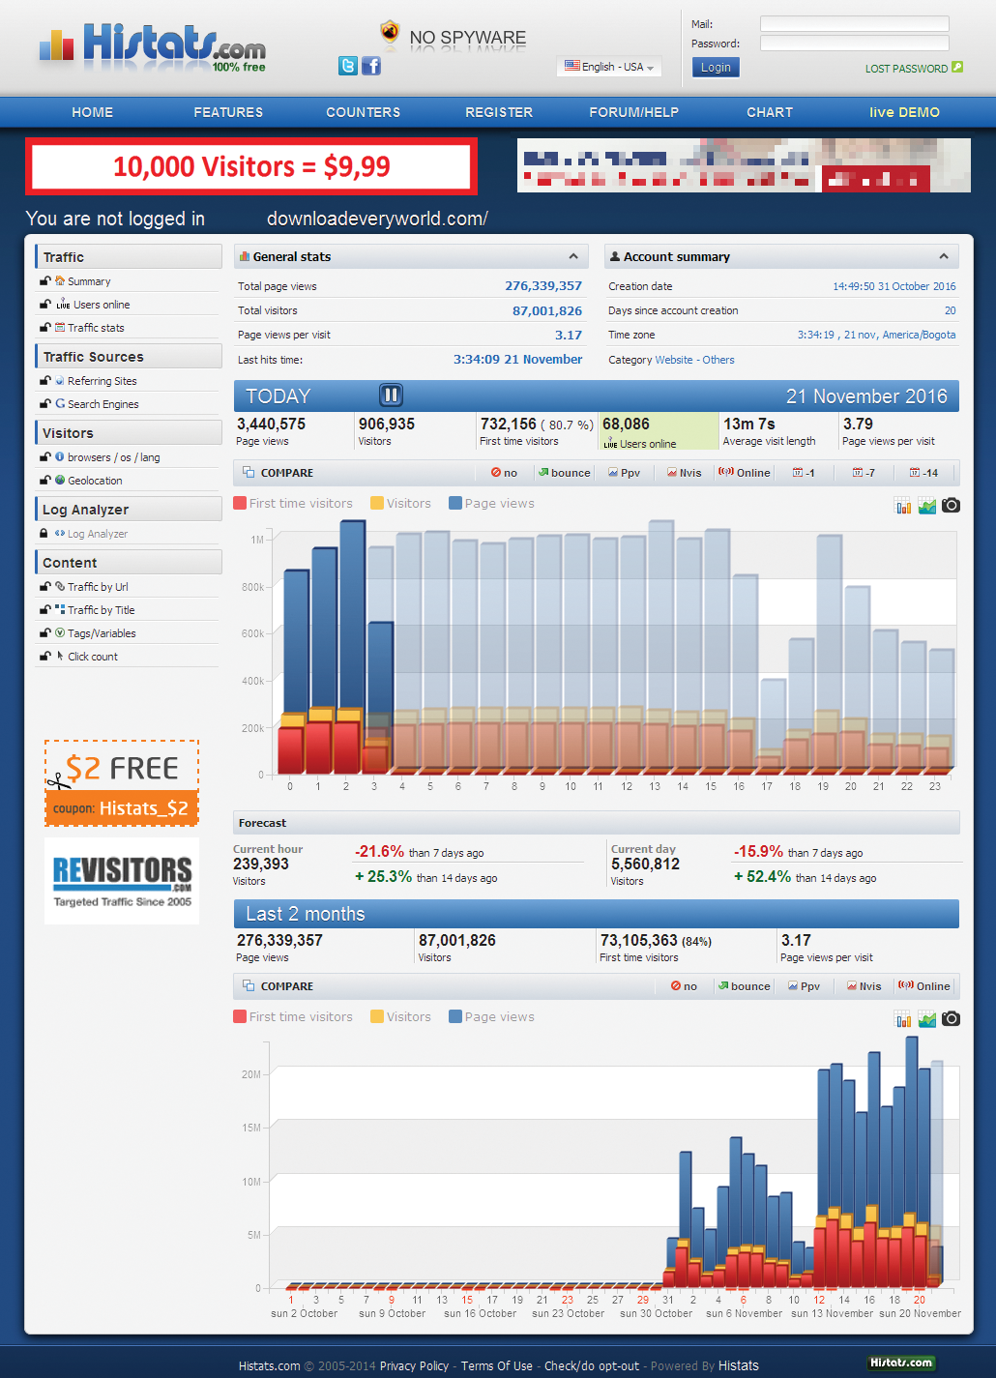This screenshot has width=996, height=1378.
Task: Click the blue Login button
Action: pyautogui.click(x=716, y=67)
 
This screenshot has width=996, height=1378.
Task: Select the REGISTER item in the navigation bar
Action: pyautogui.click(x=499, y=112)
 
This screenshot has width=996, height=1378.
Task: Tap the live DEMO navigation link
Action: pyautogui.click(x=904, y=112)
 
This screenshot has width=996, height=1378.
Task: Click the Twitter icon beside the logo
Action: pyautogui.click(x=348, y=66)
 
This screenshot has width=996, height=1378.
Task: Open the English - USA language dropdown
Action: pyautogui.click(x=610, y=67)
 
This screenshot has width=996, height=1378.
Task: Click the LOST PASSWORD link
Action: pyautogui.click(x=906, y=69)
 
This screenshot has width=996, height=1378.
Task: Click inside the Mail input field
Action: pyautogui.click(x=854, y=24)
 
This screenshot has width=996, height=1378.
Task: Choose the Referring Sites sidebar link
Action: pyautogui.click(x=102, y=381)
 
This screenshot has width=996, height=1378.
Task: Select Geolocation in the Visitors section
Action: pyautogui.click(x=95, y=481)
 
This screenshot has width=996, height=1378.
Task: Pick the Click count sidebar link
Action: pyautogui.click(x=92, y=657)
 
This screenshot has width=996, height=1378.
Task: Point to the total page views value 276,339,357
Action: pyautogui.click(x=542, y=286)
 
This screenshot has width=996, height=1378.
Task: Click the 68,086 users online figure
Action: pyautogui.click(x=626, y=425)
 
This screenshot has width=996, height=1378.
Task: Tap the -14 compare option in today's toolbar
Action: pyautogui.click(x=924, y=473)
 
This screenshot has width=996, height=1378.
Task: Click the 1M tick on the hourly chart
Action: pyautogui.click(x=257, y=540)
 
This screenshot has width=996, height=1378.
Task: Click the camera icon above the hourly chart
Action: pyautogui.click(x=952, y=506)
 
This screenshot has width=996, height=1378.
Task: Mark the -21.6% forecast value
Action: pyautogui.click(x=379, y=852)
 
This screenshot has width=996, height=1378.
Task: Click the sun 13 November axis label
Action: pyautogui.click(x=832, y=1313)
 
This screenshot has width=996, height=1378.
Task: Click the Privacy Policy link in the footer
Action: pyautogui.click(x=414, y=1366)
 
